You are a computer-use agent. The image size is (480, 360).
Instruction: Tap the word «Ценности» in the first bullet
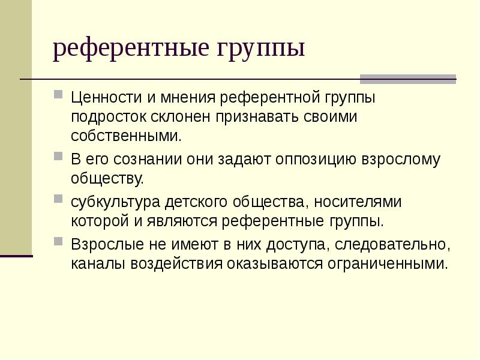click(x=107, y=98)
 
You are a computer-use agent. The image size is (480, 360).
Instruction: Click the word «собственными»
click(x=126, y=136)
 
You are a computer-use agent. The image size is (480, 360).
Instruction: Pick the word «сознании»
click(x=148, y=160)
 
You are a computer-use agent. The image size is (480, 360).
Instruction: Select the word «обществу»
click(x=107, y=179)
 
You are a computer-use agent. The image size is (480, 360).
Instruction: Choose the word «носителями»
click(x=358, y=202)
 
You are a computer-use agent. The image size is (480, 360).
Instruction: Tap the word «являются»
click(x=182, y=221)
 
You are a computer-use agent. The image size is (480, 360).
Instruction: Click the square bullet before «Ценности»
click(x=58, y=94)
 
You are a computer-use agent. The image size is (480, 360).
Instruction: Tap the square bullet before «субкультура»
click(x=58, y=199)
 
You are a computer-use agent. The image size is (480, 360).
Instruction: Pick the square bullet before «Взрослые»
click(x=58, y=242)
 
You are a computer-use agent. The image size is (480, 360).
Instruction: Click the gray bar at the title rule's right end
click(x=408, y=79)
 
